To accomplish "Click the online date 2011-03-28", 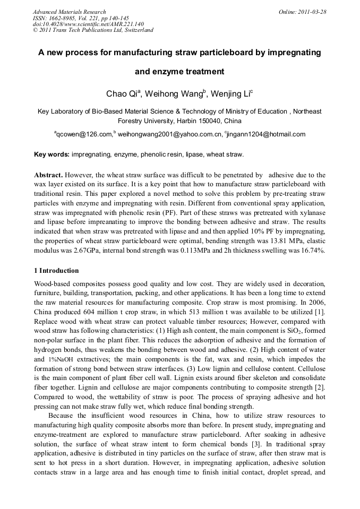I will (310, 11).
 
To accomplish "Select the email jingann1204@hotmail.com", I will (266, 134).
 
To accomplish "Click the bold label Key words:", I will (52, 154).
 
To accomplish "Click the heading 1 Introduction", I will (56, 270).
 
